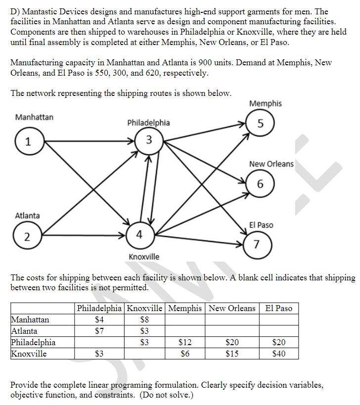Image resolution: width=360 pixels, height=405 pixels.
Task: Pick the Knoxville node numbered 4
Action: coord(140,235)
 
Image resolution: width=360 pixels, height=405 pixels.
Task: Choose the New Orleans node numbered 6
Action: coord(260,184)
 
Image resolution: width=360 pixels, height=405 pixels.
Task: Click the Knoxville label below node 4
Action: coord(144,257)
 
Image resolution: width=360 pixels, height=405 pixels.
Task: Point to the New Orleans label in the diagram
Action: coord(271,164)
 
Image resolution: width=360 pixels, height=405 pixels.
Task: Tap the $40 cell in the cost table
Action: coord(279,353)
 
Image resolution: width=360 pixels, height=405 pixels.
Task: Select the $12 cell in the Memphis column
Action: coord(185,342)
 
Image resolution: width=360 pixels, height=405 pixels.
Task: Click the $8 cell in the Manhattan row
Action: coord(145,320)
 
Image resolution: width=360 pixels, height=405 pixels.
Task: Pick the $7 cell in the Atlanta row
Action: coord(99,331)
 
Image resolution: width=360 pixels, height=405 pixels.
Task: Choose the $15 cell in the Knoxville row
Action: coord(232,353)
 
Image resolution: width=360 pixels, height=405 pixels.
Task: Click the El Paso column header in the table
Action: coord(279,308)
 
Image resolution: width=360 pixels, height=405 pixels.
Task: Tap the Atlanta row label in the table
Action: coord(24,331)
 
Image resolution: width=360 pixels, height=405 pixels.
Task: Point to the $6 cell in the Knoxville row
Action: coord(185,353)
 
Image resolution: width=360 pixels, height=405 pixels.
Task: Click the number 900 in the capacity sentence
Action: coord(206,63)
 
